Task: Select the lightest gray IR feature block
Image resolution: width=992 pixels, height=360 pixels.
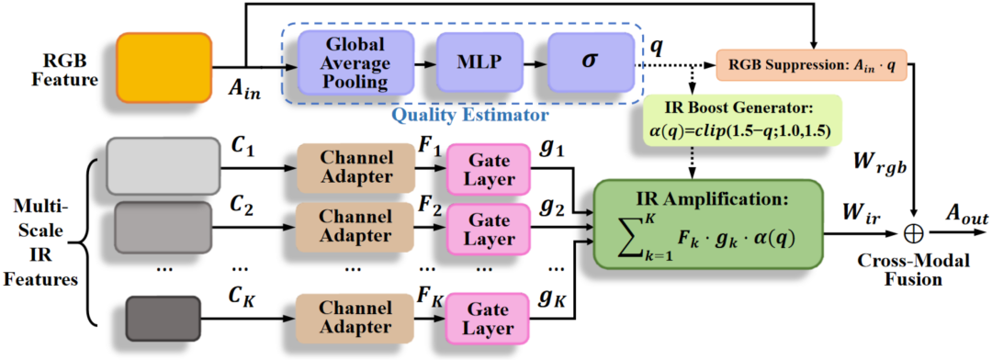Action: point(163,165)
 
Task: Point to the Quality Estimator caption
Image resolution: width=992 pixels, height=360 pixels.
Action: point(468,115)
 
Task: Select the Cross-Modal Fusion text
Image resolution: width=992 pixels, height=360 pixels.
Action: point(915,269)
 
